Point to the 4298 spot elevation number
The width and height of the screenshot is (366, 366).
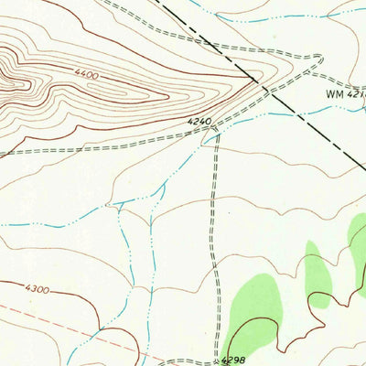click(x=234, y=360)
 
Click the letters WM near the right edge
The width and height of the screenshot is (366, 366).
click(x=332, y=93)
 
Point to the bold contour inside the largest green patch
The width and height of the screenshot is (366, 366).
click(x=240, y=324)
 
